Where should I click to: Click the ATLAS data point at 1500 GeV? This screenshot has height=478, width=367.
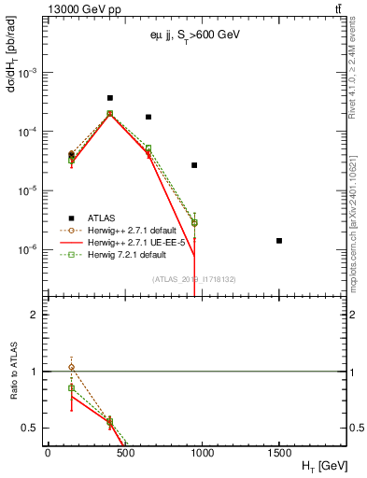tap(279, 241)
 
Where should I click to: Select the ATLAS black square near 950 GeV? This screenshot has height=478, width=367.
tap(194, 165)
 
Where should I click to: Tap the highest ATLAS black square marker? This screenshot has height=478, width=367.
tap(110, 98)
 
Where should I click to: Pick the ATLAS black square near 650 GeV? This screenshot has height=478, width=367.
tap(148, 118)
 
